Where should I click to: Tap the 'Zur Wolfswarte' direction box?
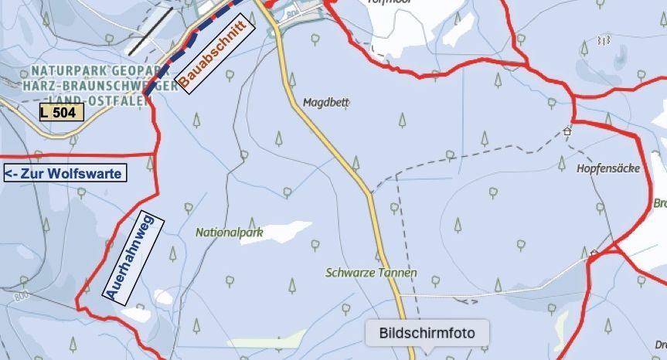[65, 174]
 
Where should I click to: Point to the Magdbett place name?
[326, 102]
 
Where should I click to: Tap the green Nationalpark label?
[229, 231]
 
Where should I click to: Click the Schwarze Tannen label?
[371, 273]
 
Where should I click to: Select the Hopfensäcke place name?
[608, 168]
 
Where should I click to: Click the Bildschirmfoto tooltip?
[427, 333]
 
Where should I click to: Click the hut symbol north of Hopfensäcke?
[567, 131]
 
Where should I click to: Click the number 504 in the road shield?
[67, 113]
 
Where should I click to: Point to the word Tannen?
[396, 273]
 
